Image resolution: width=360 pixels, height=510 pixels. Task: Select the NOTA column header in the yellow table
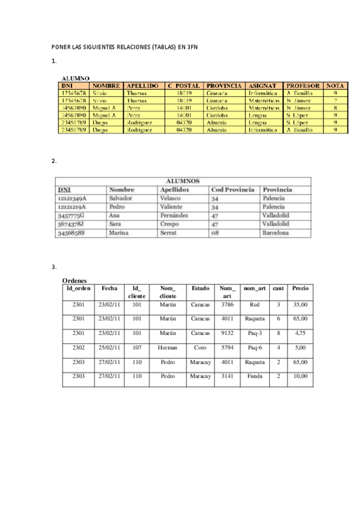point(336,86)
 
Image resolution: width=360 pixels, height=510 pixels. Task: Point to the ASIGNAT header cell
point(263,86)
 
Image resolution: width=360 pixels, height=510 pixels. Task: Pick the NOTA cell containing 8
point(335,108)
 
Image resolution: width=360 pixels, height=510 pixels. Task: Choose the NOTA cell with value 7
point(335,100)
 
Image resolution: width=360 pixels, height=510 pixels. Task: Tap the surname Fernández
point(174,215)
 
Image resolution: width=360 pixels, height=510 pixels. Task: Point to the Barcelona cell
point(276,232)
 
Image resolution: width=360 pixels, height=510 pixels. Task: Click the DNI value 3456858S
point(70,232)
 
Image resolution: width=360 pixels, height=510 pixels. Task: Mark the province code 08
point(214,232)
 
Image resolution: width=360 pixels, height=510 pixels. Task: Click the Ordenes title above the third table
point(75,280)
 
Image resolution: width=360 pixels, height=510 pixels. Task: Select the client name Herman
point(168,348)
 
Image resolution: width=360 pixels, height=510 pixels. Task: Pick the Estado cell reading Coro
point(200,348)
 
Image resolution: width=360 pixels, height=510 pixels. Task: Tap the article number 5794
point(227,348)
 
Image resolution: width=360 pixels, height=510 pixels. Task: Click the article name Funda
point(255,376)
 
